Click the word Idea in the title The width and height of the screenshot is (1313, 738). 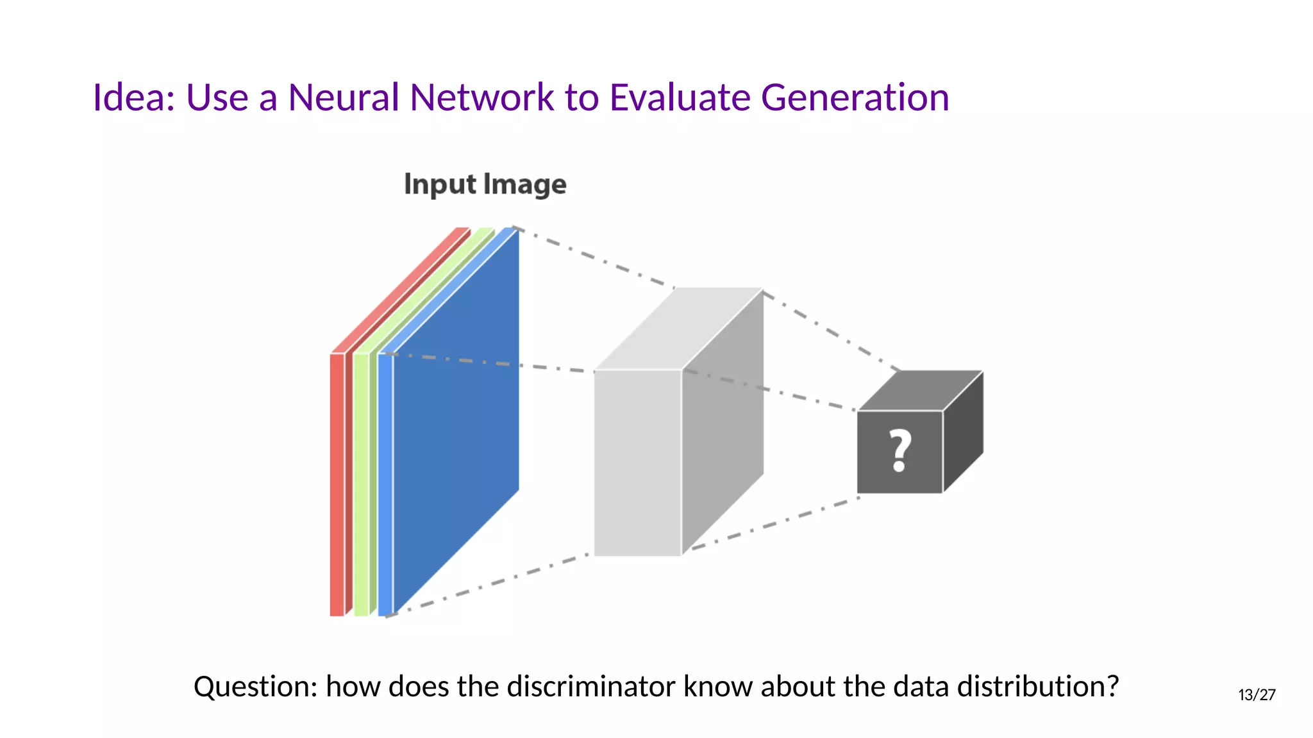coord(132,98)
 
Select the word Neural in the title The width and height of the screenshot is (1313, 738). coord(344,98)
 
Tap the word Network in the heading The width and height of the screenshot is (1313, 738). coord(481,98)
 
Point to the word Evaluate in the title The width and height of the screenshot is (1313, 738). coord(680,98)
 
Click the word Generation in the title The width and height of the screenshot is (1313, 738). coord(855,98)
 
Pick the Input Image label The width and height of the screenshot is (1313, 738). coord(485,184)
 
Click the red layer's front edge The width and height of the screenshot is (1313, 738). coord(337,484)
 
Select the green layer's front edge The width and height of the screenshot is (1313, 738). coord(361,484)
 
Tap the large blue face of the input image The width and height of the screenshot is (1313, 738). coord(455,416)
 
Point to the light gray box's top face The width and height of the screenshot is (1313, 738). coord(680,328)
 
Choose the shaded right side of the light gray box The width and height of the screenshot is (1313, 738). coord(723,423)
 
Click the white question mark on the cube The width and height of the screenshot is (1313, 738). coord(900,450)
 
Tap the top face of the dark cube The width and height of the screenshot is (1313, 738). coord(921,390)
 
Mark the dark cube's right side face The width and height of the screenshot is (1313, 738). coord(963,432)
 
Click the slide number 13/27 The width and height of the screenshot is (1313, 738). coord(1257,695)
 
